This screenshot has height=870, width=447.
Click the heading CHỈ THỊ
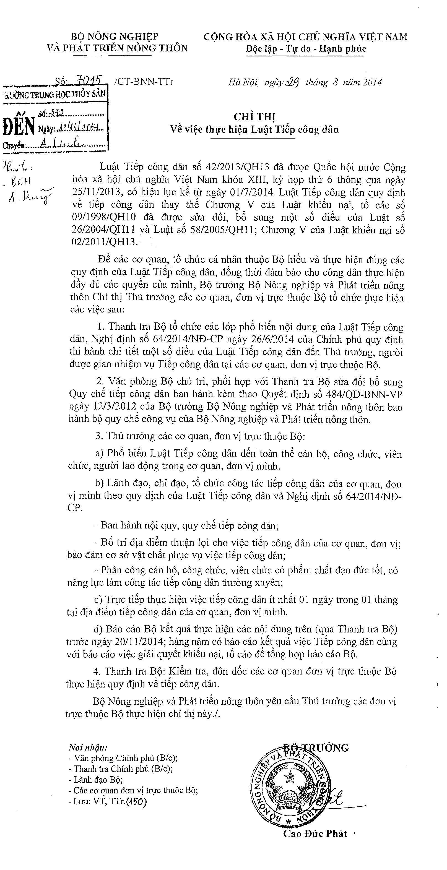[x=254, y=117]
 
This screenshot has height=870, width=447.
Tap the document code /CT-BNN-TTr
[x=144, y=82]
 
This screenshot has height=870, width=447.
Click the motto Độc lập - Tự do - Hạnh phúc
[x=306, y=49]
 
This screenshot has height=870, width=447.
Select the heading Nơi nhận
[x=88, y=747]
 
